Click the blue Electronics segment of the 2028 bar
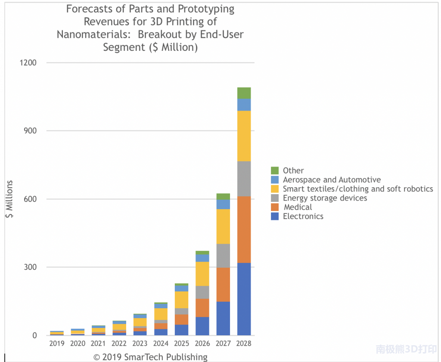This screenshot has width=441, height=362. pos(244,299)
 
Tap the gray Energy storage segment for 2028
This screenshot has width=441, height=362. pos(244,179)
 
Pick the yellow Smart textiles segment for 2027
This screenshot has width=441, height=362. pos(223,226)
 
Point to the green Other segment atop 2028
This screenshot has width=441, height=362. pos(244,93)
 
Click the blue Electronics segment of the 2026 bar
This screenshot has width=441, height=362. pos(202,326)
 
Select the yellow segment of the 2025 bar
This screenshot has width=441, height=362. pos(181,300)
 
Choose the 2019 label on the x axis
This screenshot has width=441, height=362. pos(56,344)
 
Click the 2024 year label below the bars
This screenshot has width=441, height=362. pos(161,344)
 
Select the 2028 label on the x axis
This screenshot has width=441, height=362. pos(244,344)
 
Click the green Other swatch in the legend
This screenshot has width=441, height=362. pos(275,170)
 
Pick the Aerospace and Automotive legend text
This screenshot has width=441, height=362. pos(332,180)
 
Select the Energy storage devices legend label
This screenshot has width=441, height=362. pos(325,198)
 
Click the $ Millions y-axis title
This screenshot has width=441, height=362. pos(9,199)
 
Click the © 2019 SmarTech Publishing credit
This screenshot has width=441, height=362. pos(150,357)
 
